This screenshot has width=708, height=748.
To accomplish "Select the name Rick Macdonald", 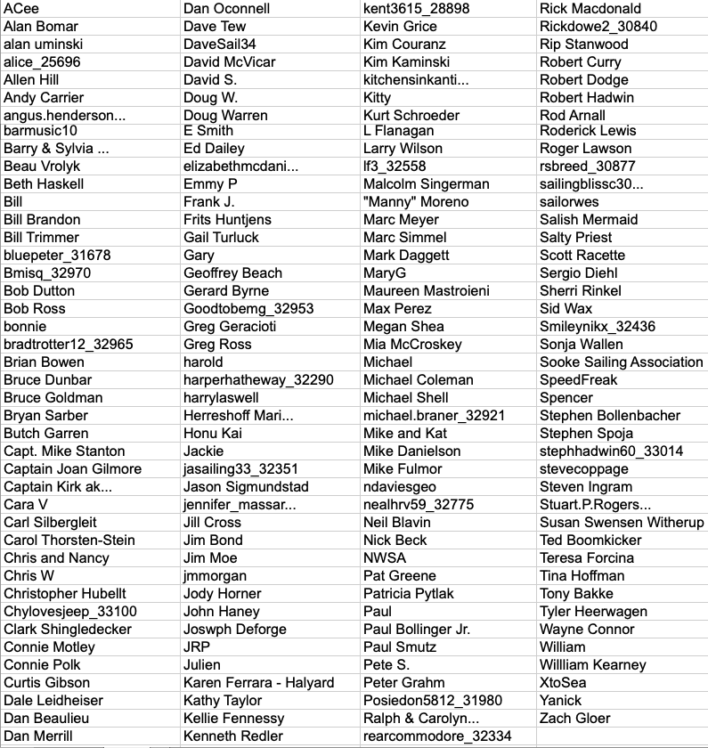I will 590,9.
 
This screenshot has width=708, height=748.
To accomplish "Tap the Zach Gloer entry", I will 574,718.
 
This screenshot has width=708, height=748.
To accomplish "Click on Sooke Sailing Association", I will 621,362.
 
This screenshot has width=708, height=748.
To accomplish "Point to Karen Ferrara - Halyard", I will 258,682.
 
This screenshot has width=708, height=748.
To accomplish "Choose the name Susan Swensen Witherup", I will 621,522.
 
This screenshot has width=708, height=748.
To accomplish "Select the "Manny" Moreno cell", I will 416,201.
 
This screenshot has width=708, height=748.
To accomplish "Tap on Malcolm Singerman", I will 427,183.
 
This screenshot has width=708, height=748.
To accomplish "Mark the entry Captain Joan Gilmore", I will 72,468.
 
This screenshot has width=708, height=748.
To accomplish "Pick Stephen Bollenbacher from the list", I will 610,415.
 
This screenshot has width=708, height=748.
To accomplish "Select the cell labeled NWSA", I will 385,557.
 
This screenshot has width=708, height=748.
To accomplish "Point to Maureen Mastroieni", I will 427,290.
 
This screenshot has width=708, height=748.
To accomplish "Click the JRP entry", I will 197,646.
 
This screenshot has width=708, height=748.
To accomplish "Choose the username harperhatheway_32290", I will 258,379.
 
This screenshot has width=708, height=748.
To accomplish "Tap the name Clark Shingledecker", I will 68,629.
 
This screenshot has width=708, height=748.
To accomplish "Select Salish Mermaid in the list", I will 589,219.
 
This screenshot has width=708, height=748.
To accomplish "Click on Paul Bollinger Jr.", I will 417,629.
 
